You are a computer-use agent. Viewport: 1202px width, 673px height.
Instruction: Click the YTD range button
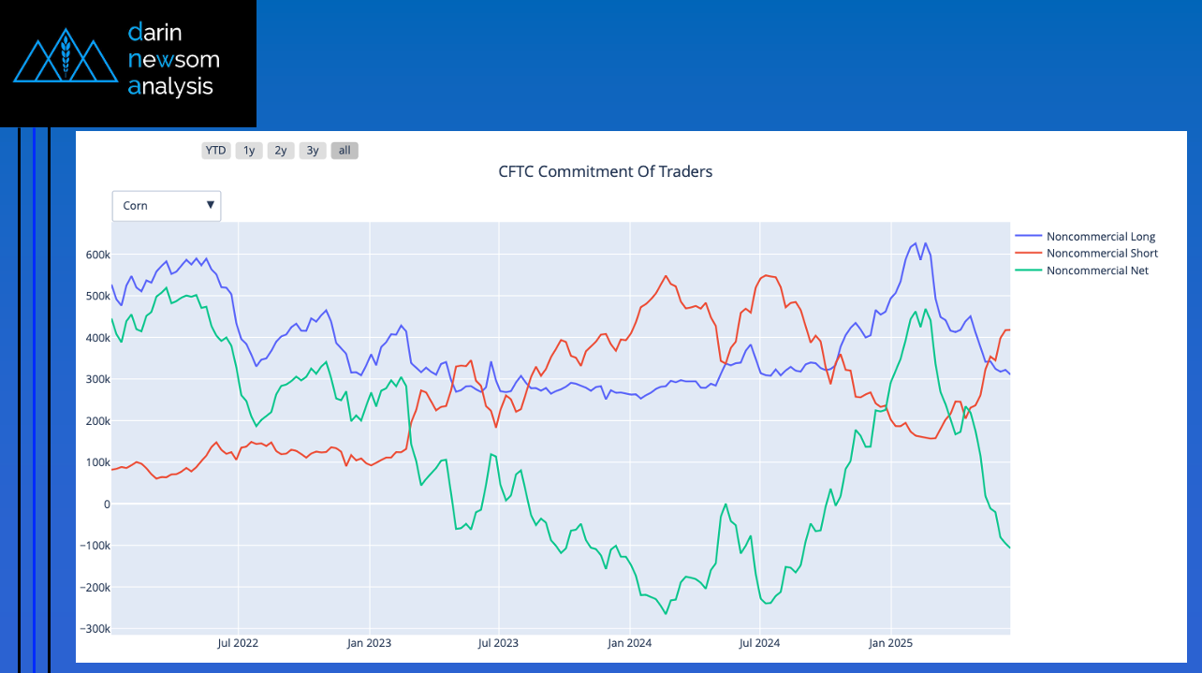click(215, 151)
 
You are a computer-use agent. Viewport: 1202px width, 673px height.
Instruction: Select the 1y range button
click(248, 151)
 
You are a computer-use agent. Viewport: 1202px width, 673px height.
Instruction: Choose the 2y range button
click(280, 151)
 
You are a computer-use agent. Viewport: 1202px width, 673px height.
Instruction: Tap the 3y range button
click(313, 151)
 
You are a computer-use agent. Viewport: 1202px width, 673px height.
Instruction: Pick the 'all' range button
click(344, 151)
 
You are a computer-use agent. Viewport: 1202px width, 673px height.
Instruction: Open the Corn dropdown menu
click(167, 206)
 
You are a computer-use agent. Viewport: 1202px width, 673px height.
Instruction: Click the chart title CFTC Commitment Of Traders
click(605, 172)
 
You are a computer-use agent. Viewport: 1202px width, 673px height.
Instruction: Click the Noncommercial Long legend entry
click(1100, 237)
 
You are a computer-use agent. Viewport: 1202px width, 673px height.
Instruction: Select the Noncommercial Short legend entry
click(1101, 254)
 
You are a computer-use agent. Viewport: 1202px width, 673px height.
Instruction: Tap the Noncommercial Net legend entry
click(1096, 271)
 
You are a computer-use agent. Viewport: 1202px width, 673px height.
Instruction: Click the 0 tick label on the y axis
click(106, 505)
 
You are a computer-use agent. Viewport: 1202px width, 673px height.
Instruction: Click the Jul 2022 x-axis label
click(238, 644)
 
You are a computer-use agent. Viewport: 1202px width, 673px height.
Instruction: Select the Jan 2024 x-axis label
click(629, 644)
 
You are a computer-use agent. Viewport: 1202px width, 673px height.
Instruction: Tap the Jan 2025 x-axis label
click(890, 644)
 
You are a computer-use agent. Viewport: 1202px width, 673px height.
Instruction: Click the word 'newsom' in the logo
click(173, 60)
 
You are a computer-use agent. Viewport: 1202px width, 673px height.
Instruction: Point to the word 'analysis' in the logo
click(170, 87)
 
